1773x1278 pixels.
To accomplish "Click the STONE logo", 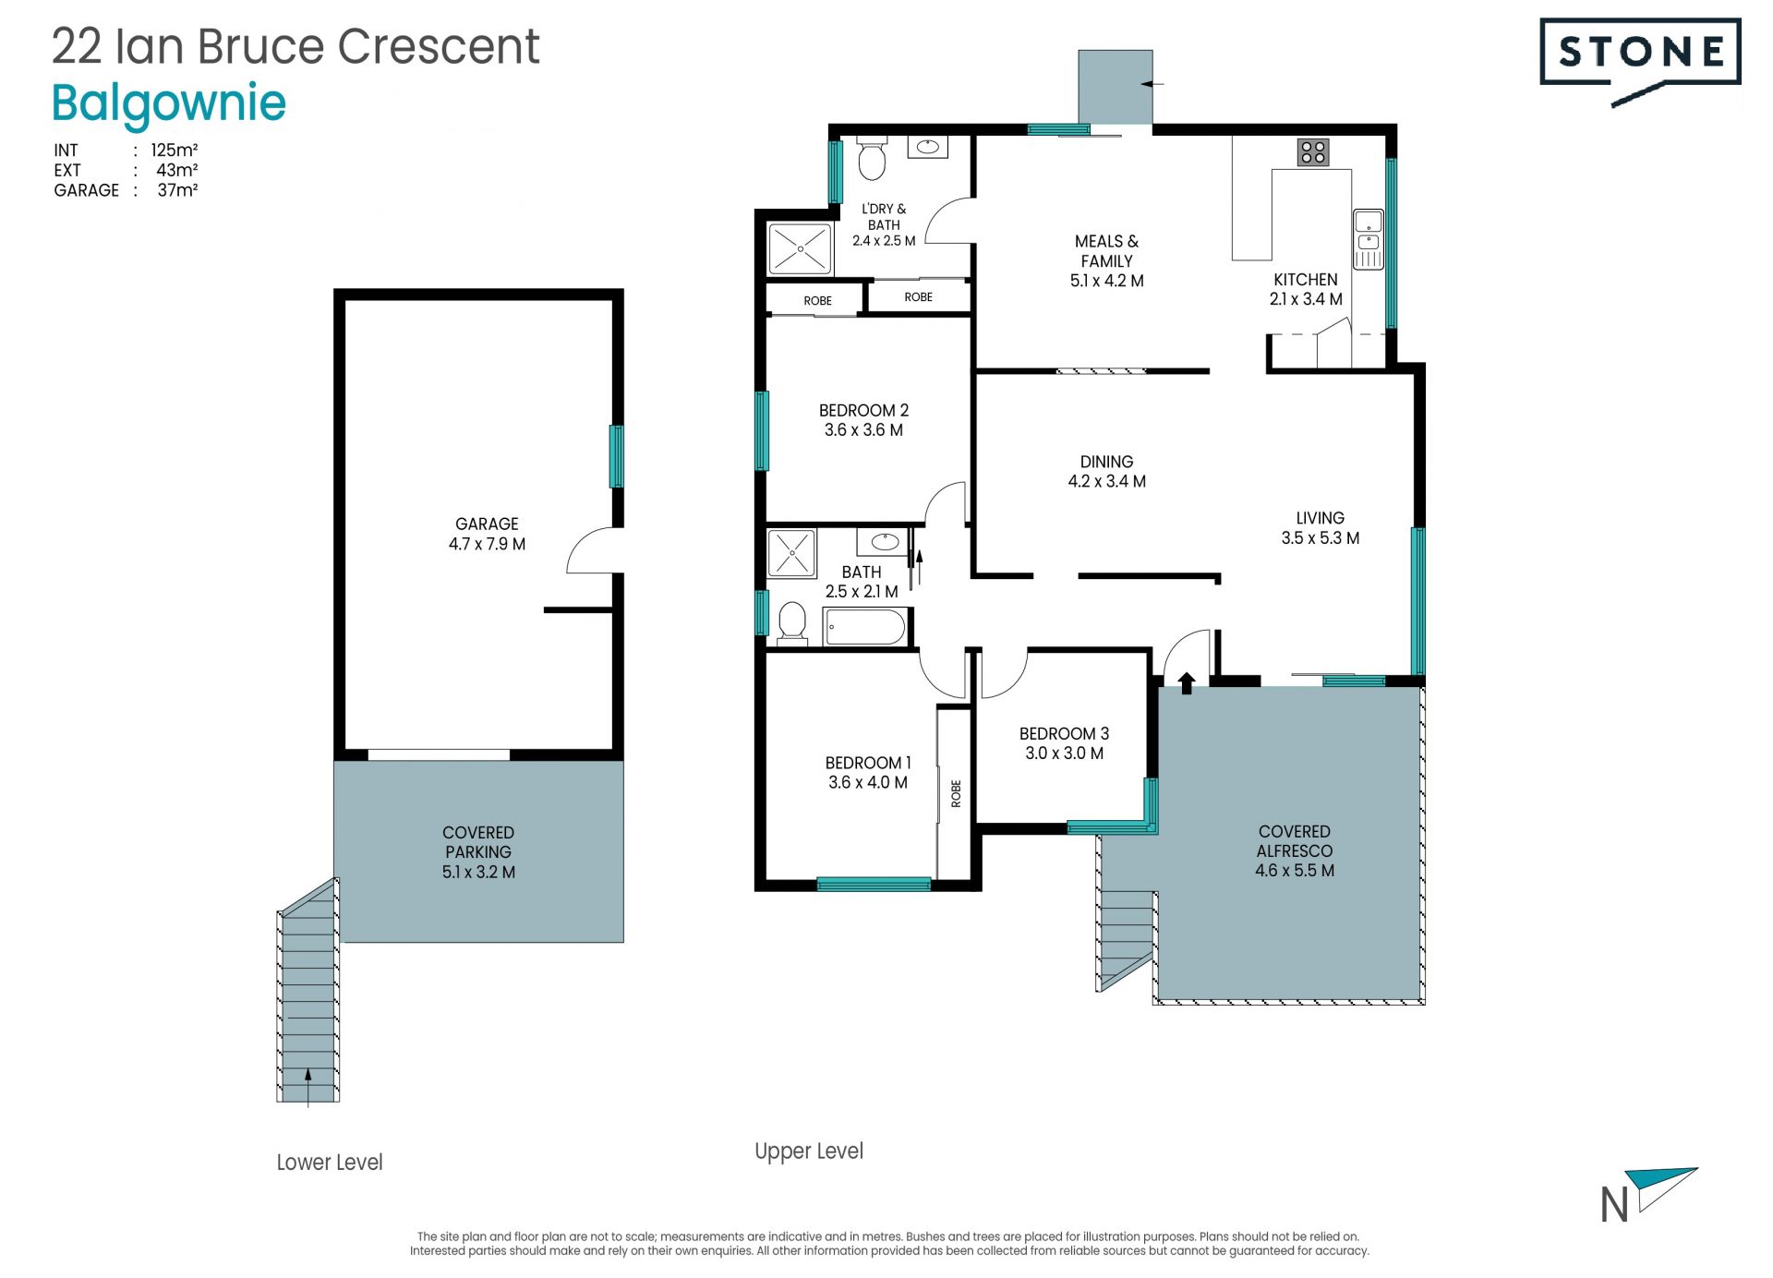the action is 1640,61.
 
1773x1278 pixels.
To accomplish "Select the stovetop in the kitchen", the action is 1312,152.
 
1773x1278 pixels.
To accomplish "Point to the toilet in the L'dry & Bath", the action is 872,158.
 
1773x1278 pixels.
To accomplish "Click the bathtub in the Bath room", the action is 865,627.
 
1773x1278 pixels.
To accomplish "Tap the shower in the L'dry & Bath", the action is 800,248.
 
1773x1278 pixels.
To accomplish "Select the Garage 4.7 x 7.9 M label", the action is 487,534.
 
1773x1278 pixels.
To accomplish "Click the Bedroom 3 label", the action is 1064,743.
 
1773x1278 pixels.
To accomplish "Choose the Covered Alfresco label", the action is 1295,850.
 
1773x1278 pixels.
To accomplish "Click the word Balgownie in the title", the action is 169,103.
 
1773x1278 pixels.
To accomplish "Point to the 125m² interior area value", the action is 175,150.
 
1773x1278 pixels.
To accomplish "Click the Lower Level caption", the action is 330,1162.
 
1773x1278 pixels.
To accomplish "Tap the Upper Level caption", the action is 809,1151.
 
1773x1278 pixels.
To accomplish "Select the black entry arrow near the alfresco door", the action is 1187,682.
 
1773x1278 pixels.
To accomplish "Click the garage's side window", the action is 616,456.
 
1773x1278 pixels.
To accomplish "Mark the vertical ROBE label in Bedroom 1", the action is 956,793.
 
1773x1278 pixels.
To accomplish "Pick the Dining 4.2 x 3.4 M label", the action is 1106,471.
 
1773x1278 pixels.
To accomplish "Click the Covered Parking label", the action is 478,851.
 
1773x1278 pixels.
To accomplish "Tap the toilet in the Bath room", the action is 792,623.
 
